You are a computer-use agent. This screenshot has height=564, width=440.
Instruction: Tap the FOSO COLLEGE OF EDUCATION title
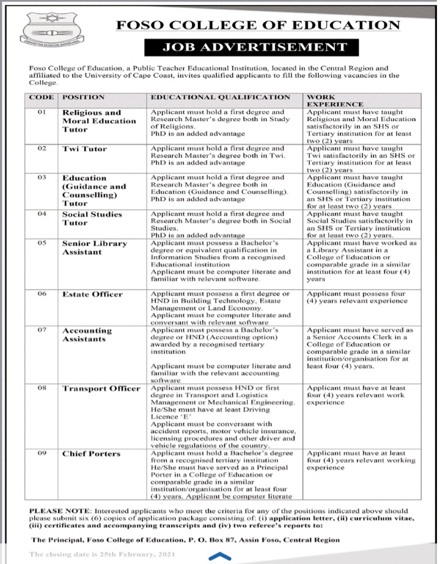[x=258, y=25]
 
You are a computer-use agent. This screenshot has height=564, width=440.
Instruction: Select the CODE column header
[x=42, y=97]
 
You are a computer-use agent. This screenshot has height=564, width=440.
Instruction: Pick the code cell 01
[x=42, y=113]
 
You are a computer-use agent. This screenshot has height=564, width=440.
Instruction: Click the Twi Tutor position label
[x=84, y=149]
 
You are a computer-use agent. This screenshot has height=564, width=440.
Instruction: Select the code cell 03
[x=42, y=177]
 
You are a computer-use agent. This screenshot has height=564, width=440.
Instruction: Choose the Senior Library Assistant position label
[x=94, y=247]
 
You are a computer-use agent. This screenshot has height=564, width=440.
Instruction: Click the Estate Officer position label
[x=92, y=294]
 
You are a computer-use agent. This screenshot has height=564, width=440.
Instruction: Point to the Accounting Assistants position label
[x=87, y=335]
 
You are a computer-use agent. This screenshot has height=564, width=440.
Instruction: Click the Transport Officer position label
[x=101, y=388]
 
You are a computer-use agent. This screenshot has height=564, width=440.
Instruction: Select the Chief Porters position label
[x=91, y=454]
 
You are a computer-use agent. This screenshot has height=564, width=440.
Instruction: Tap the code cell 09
[x=42, y=454]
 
